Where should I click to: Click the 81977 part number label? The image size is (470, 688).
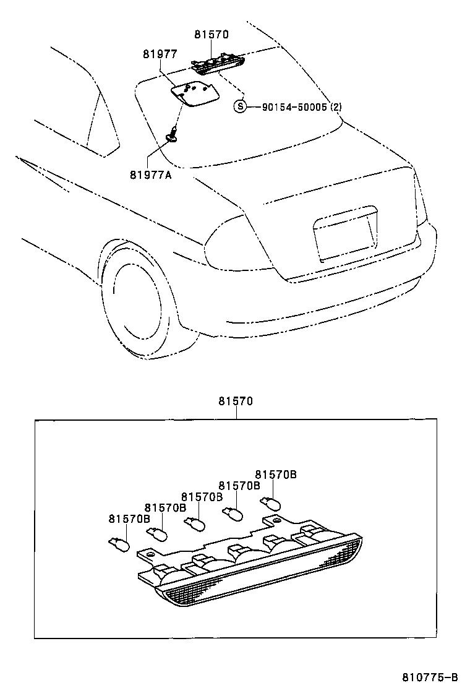click(160, 54)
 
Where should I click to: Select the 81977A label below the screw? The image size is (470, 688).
click(150, 175)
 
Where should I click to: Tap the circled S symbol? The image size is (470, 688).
click(240, 106)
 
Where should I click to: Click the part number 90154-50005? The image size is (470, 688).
click(294, 106)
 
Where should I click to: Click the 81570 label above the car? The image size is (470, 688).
click(211, 35)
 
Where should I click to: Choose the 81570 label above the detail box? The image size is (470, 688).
click(235, 401)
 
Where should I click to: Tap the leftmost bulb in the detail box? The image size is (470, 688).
click(118, 544)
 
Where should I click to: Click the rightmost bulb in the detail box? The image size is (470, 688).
click(271, 503)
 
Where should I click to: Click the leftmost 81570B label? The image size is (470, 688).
click(129, 518)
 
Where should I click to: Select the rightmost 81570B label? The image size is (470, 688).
click(276, 475)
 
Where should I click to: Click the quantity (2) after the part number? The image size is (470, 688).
click(336, 106)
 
